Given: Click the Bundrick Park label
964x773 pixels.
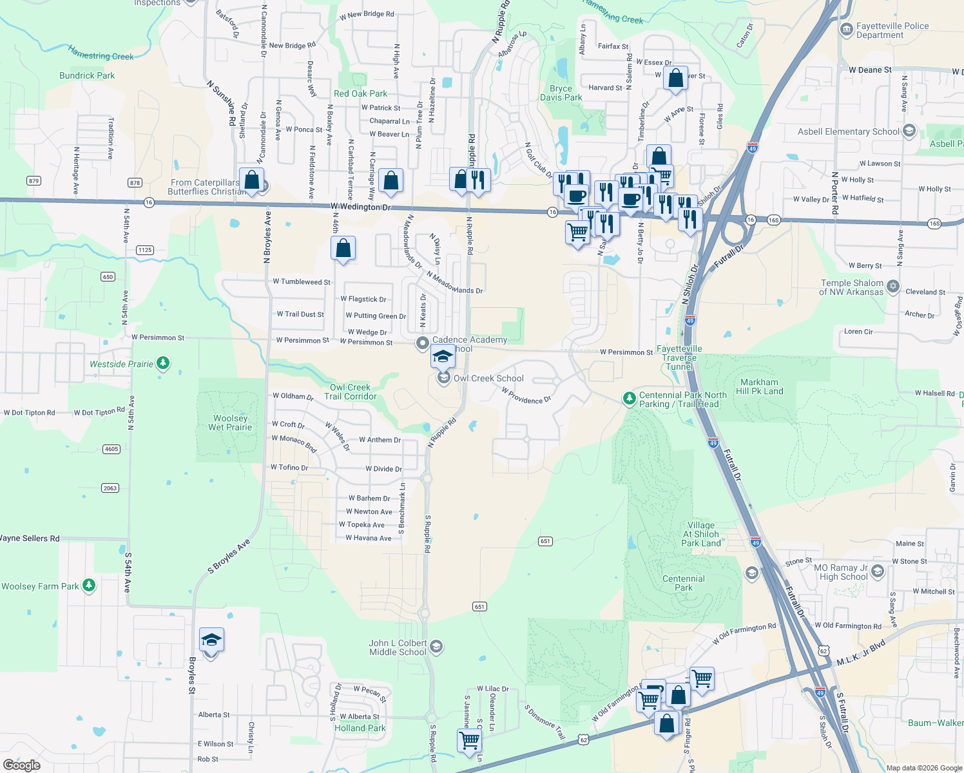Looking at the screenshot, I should [x=87, y=75].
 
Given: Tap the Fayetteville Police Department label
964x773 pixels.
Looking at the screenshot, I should [x=892, y=30].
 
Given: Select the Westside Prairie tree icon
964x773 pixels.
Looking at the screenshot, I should [x=164, y=364].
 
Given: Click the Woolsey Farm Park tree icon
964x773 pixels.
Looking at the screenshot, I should [x=90, y=586].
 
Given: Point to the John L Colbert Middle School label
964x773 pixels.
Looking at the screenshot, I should [x=398, y=647].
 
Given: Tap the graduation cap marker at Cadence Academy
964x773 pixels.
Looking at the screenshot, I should [x=443, y=356].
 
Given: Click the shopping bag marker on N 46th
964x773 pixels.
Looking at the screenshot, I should [x=343, y=249].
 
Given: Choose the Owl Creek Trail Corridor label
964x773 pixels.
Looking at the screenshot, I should [x=350, y=392].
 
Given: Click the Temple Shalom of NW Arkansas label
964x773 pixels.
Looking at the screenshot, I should [x=851, y=287].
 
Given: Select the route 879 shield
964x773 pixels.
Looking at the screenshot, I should [x=34, y=181].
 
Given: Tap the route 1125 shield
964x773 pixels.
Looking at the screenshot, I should [x=145, y=250].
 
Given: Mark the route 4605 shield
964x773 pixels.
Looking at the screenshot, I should [x=111, y=449].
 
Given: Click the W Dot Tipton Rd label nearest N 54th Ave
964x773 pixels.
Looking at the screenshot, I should [x=99, y=412].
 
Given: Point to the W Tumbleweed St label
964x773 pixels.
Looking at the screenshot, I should [x=302, y=282].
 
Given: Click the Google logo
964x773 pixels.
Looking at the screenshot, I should [x=22, y=765].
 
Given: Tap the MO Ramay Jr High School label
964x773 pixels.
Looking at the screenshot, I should [x=840, y=572].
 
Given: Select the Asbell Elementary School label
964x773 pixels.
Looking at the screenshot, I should [x=848, y=131].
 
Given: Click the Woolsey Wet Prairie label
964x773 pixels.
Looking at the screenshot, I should [x=230, y=423].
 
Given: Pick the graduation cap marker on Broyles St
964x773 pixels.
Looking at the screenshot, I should [x=211, y=640].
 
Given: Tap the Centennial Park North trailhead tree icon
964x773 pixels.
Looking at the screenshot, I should [x=630, y=399].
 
